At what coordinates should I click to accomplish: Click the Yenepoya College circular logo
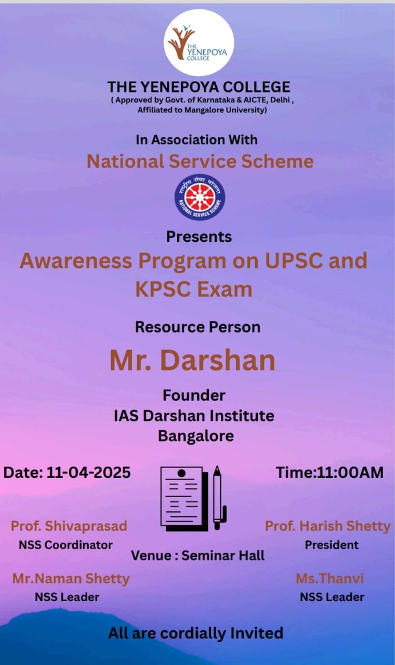[x=199, y=43]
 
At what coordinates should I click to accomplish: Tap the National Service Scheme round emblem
[x=200, y=197]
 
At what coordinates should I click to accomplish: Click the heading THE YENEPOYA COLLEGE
[x=199, y=86]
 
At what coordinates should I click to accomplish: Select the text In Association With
[x=196, y=139]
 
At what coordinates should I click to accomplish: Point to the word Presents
[x=199, y=236]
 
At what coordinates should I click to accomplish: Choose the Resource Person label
[x=197, y=327]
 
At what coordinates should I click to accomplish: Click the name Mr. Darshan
[x=192, y=360]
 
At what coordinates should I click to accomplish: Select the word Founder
[x=194, y=395]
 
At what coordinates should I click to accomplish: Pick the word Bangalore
[x=196, y=435]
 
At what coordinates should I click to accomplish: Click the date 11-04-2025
[x=88, y=473]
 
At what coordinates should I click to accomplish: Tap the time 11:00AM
[x=350, y=472]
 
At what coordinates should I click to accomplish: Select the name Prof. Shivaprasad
[x=69, y=526]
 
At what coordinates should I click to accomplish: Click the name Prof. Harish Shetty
[x=327, y=526]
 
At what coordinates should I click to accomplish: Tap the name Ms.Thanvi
[x=330, y=578]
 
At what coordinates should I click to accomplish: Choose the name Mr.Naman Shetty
[x=71, y=578]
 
